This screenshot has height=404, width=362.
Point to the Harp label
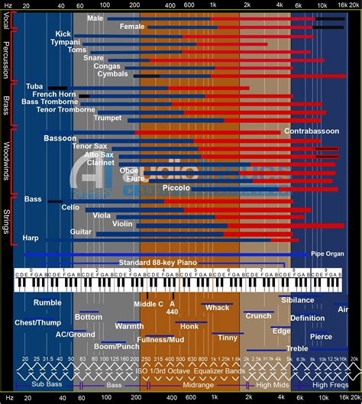pos(31,238)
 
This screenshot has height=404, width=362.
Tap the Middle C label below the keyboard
pos(148,303)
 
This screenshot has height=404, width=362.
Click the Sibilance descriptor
pos(297,300)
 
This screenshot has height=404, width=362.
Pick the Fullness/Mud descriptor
pos(160,338)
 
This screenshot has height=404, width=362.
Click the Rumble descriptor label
pos(47,302)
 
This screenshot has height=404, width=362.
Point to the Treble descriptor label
pos(297,348)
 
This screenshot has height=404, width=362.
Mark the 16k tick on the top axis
pos(333,5)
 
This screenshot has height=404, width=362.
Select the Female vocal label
pos(131,27)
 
